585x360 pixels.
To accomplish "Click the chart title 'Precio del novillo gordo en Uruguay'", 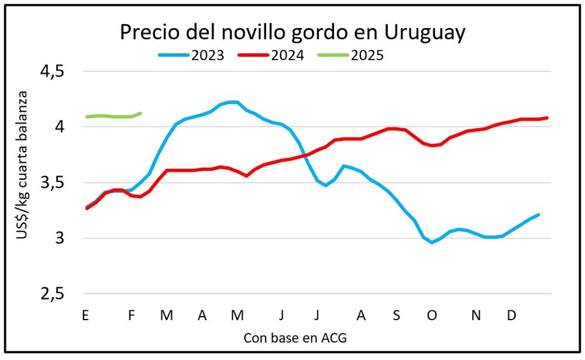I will pos(292,32).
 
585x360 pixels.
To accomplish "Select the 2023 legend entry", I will pos(191,56).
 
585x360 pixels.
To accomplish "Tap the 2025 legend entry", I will pos(350,56).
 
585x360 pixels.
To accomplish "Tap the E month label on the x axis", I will pos(85,316).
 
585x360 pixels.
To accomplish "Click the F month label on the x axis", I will pos(132,316).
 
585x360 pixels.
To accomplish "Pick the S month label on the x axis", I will pos(396,316).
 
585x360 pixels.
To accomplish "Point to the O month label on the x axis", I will pos(432,316).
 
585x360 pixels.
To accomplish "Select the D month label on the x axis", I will pos(511,316).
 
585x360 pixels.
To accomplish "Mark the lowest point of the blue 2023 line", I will pos(432,242).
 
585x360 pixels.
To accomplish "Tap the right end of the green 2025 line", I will pos(140,113).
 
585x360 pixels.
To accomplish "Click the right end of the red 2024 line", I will pos(547,118).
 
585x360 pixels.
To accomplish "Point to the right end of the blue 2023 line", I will pos(538,215).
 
